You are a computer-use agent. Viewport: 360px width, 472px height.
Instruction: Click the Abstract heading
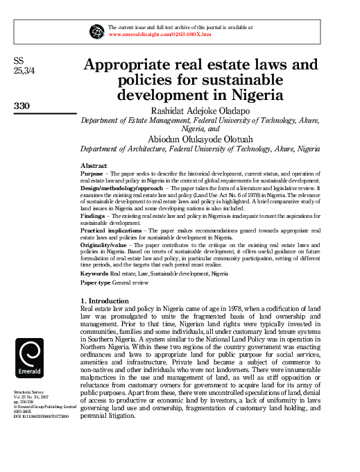point(94,166)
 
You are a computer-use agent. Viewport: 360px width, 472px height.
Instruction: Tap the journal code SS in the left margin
point(19,60)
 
